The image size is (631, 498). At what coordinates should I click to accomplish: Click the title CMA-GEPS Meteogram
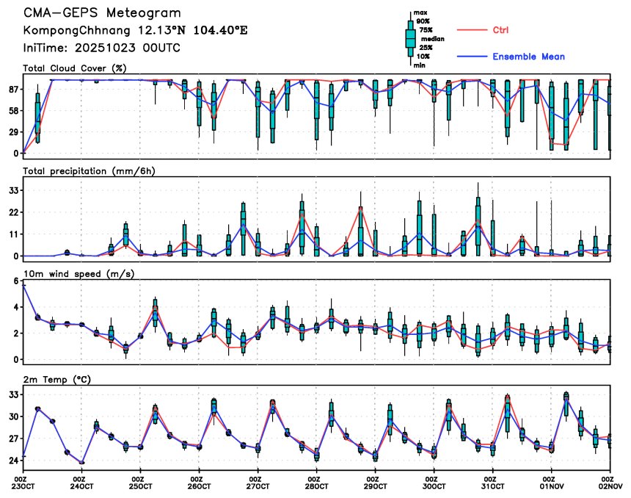102,13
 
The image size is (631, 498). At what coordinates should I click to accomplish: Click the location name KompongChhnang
69,30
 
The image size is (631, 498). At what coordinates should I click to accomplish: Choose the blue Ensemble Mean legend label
528,57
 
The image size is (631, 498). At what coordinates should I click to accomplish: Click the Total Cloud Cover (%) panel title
75,68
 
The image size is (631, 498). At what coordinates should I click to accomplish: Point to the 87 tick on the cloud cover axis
13,89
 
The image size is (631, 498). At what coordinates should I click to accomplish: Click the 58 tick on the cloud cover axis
13,110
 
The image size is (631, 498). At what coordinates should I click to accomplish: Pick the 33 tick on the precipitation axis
13,190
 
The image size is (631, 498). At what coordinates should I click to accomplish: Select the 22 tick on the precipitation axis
13,212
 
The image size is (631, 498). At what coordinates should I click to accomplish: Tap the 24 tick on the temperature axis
13,461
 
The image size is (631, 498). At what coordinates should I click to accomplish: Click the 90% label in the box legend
423,21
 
